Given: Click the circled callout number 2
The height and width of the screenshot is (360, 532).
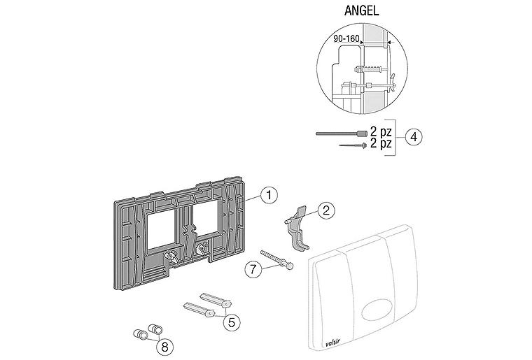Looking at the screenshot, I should [x=326, y=210].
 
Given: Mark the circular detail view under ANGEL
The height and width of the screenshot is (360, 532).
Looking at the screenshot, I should [x=364, y=70].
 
